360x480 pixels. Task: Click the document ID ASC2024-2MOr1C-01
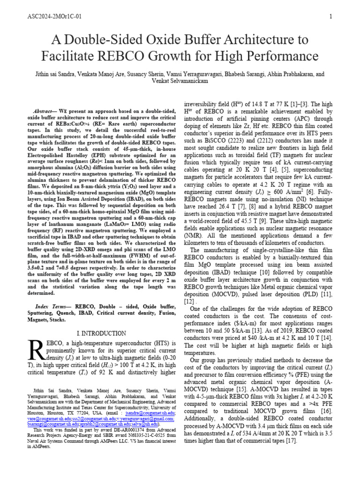55,17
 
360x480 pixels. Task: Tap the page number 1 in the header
330,17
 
